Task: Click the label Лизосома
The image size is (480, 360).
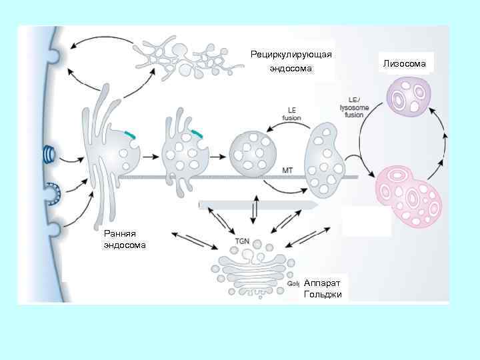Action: click(x=407, y=63)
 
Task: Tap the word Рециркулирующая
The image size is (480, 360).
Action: click(x=291, y=54)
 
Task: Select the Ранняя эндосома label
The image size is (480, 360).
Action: click(x=120, y=239)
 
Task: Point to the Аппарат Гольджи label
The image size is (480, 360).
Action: click(x=323, y=289)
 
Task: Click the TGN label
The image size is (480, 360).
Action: click(x=245, y=240)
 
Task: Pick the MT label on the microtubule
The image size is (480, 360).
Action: click(x=288, y=170)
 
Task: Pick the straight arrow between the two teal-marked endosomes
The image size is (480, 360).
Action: click(x=150, y=157)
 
